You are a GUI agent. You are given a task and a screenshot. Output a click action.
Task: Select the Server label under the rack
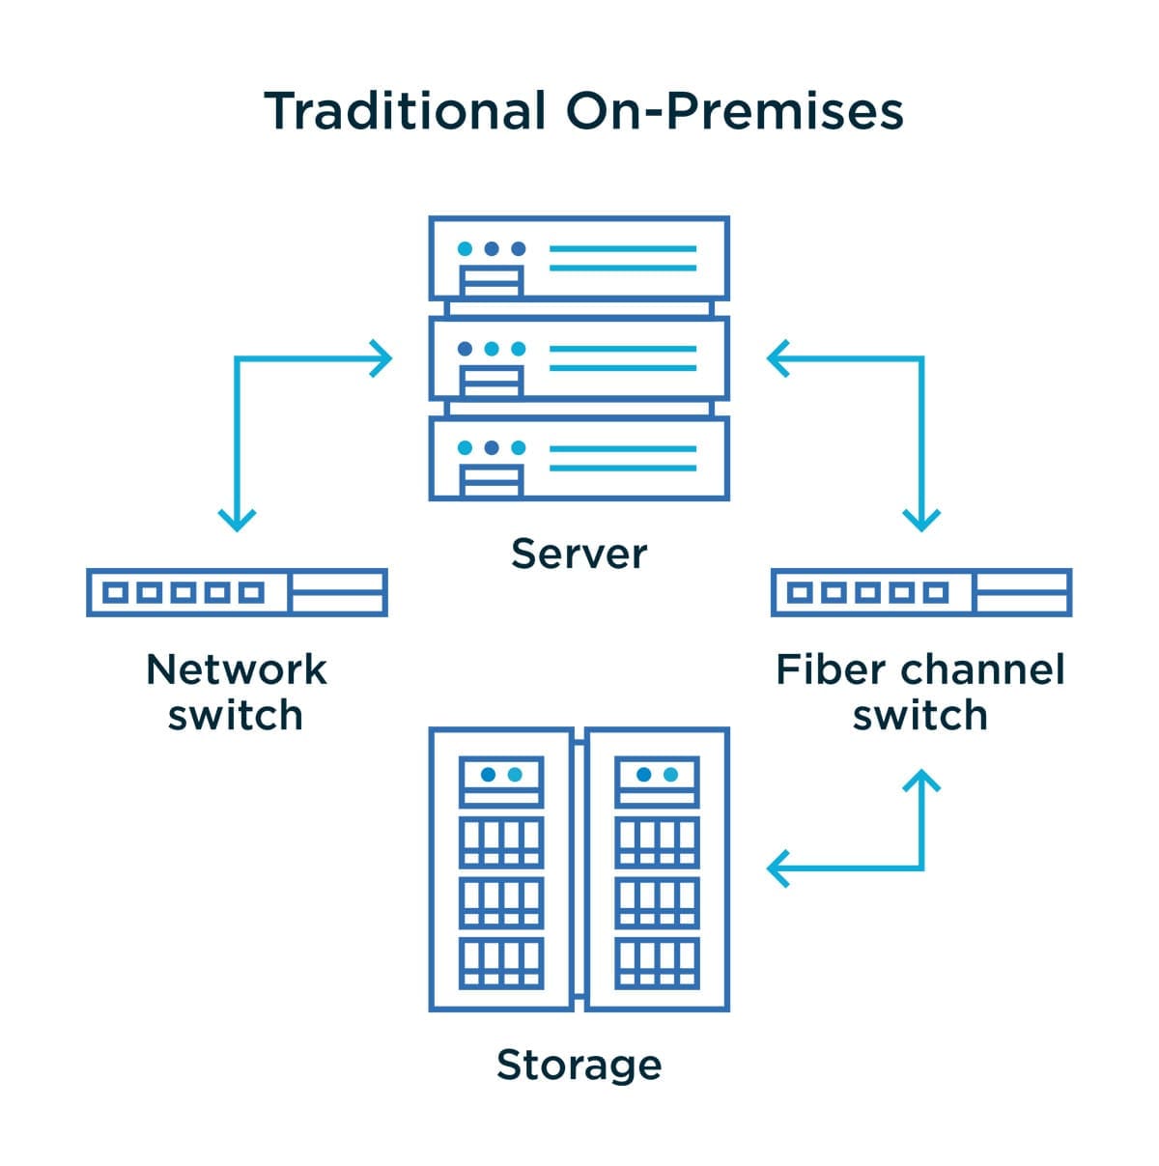(579, 554)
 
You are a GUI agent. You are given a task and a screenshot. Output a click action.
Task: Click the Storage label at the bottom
(579, 1065)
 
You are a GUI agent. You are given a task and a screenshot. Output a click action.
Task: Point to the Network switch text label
(236, 692)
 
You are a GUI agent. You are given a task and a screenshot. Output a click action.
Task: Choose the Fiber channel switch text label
(920, 692)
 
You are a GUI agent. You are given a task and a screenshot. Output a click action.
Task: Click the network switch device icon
(237, 592)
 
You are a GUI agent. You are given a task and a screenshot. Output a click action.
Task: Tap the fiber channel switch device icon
(921, 592)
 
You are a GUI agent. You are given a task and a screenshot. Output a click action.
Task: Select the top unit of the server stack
(579, 258)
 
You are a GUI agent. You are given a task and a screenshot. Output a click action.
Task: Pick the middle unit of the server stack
(579, 358)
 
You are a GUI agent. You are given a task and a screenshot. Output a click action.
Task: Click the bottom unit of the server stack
(579, 458)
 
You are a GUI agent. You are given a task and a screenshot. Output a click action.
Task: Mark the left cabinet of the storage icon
(501, 869)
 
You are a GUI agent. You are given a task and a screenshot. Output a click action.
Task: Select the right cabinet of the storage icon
(657, 869)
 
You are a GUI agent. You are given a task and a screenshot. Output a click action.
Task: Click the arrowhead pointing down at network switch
(237, 521)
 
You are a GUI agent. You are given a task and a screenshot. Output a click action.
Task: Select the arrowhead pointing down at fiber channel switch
(921, 521)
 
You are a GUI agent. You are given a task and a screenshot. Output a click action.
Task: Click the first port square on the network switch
(116, 592)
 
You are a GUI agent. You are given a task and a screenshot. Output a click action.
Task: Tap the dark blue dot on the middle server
(466, 349)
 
